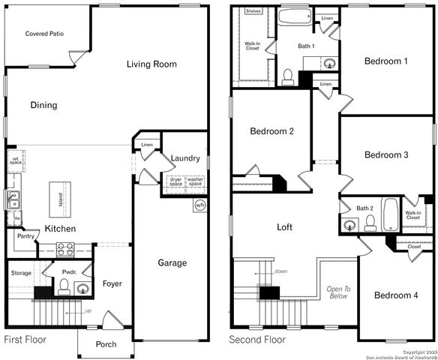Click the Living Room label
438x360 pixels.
click(151, 64)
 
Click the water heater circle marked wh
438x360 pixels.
click(199, 205)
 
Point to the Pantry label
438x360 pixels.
click(26, 235)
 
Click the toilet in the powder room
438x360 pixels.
click(64, 284)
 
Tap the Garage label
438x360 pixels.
click(172, 262)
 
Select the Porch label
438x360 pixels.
click(106, 344)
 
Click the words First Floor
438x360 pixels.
click(25, 340)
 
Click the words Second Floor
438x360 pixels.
click(257, 340)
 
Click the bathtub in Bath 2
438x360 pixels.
click(390, 214)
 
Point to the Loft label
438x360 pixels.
click(284, 226)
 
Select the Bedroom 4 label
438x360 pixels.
click(395, 295)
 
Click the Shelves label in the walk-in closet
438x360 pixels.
click(253, 12)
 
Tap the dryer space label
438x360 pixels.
click(176, 182)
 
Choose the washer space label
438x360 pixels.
click(195, 182)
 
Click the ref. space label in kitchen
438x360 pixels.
click(15, 160)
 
